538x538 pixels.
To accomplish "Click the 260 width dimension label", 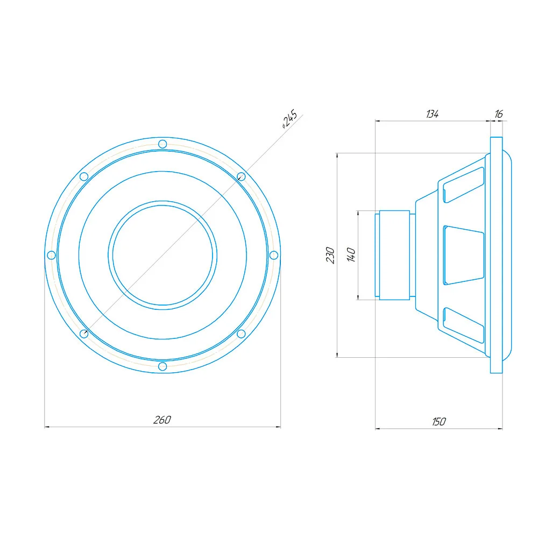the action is [x=162, y=420].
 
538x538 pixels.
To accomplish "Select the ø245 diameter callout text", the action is [x=289, y=119].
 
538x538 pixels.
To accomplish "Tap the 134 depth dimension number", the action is [x=433, y=114].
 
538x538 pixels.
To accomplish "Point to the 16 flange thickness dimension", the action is [x=499, y=114].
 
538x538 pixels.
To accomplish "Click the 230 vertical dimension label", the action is [x=330, y=255].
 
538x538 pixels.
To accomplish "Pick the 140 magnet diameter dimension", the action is [x=351, y=255].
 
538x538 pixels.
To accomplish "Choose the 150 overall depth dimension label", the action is [x=439, y=421].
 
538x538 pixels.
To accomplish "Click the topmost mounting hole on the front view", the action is [x=162, y=144].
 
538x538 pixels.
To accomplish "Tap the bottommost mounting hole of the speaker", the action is [x=162, y=366].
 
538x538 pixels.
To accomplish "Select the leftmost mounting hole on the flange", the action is [x=52, y=255].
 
